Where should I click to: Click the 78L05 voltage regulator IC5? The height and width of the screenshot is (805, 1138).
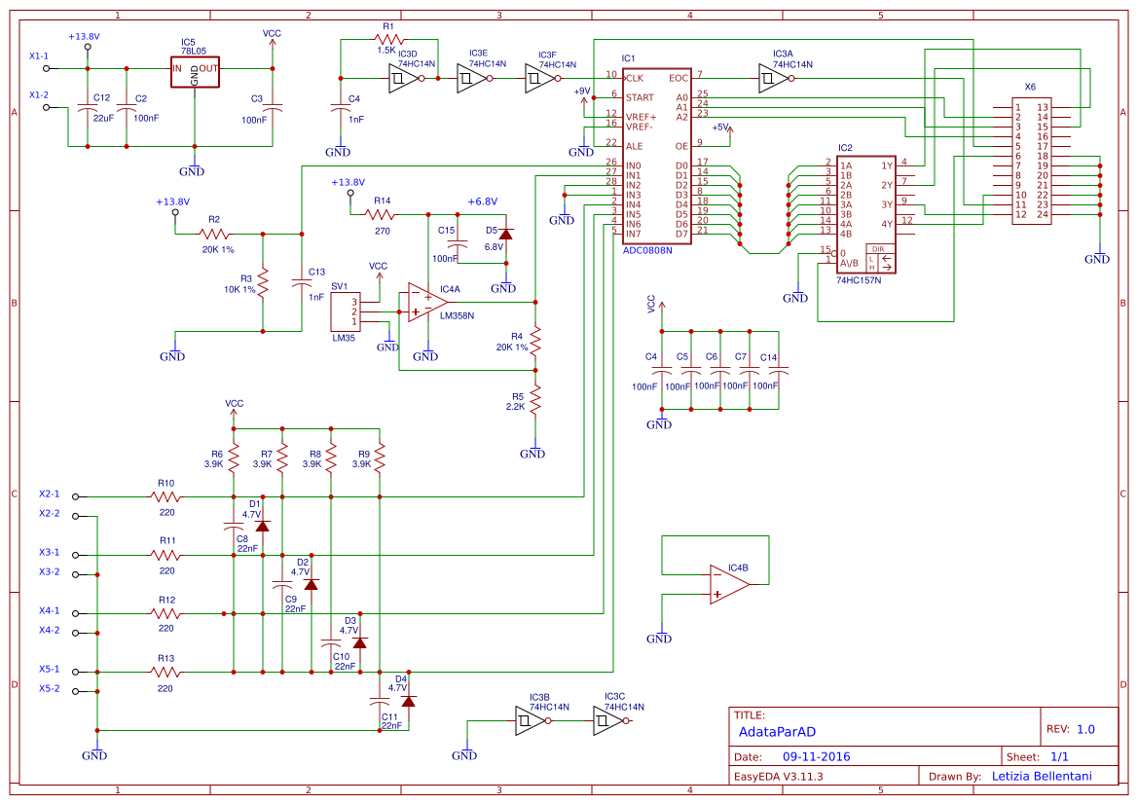tap(195, 70)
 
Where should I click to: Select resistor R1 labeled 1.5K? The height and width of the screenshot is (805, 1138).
tap(386, 39)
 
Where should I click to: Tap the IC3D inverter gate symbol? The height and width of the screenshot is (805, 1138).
tap(400, 78)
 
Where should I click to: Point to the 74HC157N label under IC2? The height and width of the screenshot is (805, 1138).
tap(858, 280)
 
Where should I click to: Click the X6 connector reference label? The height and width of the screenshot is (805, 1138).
tap(1030, 87)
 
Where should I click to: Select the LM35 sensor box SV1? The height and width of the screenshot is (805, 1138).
tap(345, 311)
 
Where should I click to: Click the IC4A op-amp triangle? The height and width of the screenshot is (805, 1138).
tap(424, 303)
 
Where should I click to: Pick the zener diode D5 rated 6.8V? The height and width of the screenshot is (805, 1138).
tap(505, 233)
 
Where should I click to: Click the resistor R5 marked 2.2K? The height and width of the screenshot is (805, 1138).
tap(534, 399)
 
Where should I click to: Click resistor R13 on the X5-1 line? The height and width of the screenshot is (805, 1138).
tap(166, 672)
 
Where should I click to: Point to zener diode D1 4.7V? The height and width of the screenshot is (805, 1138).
tap(262, 526)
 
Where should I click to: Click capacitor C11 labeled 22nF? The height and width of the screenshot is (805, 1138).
tap(379, 701)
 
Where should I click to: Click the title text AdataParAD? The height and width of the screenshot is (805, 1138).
tap(777, 730)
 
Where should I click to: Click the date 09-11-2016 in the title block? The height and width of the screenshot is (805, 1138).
tap(816, 756)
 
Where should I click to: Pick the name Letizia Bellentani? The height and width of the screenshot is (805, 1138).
tap(1041, 776)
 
